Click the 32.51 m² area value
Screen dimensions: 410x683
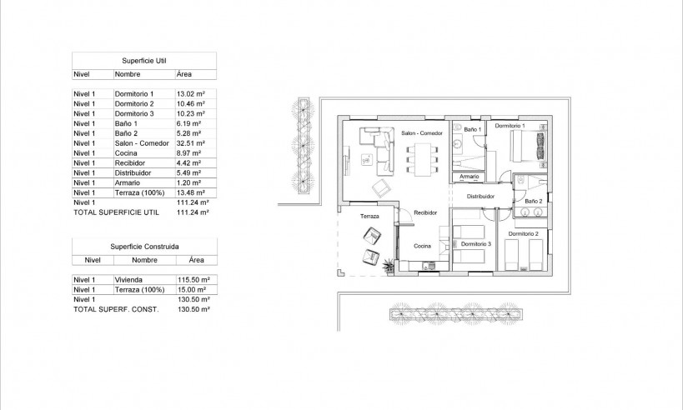tap(192, 143)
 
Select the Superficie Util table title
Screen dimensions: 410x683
tap(144, 61)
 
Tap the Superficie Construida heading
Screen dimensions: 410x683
tap(144, 247)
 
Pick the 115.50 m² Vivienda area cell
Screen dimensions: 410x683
tap(193, 280)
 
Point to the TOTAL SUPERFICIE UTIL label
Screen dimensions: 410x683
tap(116, 212)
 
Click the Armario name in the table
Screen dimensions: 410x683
tap(128, 182)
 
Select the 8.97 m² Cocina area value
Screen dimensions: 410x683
tap(190, 153)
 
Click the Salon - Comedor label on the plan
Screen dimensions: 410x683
tap(420, 133)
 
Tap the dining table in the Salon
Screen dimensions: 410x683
tap(420, 157)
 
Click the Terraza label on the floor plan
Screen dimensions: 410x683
tap(369, 217)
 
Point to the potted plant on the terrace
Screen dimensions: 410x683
tap(389, 266)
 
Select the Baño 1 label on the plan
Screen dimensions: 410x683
tap(472, 130)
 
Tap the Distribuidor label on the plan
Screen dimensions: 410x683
tap(480, 197)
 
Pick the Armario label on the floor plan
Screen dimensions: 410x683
tap(468, 177)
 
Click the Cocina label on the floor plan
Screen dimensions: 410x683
tap(422, 246)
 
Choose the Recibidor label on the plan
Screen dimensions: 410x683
tap(425, 213)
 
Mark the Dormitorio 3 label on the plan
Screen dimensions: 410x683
tap(476, 243)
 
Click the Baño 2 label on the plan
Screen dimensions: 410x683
tap(534, 202)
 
